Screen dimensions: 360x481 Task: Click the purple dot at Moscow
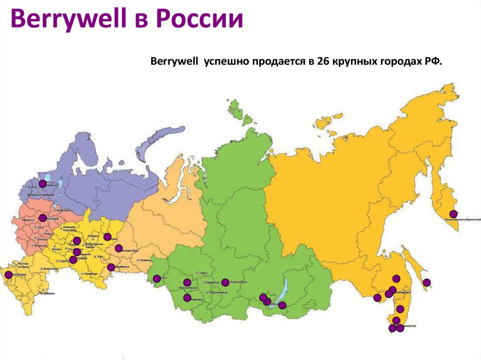pyautogui.click(x=43, y=218)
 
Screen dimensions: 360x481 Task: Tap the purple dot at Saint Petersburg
pyautogui.click(x=43, y=184)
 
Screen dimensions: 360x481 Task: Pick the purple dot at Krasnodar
pyautogui.click(x=8, y=275)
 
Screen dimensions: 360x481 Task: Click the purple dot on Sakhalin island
pyautogui.click(x=427, y=283)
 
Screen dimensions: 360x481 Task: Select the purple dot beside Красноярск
pyautogui.click(x=225, y=282)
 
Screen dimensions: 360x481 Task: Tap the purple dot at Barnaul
pyautogui.click(x=187, y=298)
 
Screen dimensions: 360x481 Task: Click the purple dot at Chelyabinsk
pyautogui.click(x=111, y=268)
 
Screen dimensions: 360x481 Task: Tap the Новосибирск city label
pyautogui.click(x=188, y=287)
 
